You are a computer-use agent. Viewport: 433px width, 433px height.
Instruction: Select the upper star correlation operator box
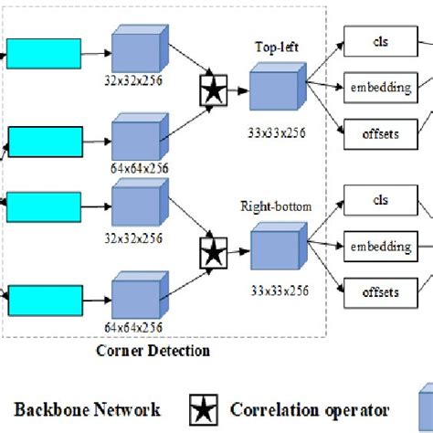point(213,91)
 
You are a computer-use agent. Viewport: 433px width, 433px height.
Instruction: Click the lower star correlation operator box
point(213,250)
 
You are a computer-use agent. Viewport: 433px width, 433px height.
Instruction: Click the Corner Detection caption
point(153,350)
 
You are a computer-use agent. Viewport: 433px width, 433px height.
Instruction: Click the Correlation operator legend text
point(311,409)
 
